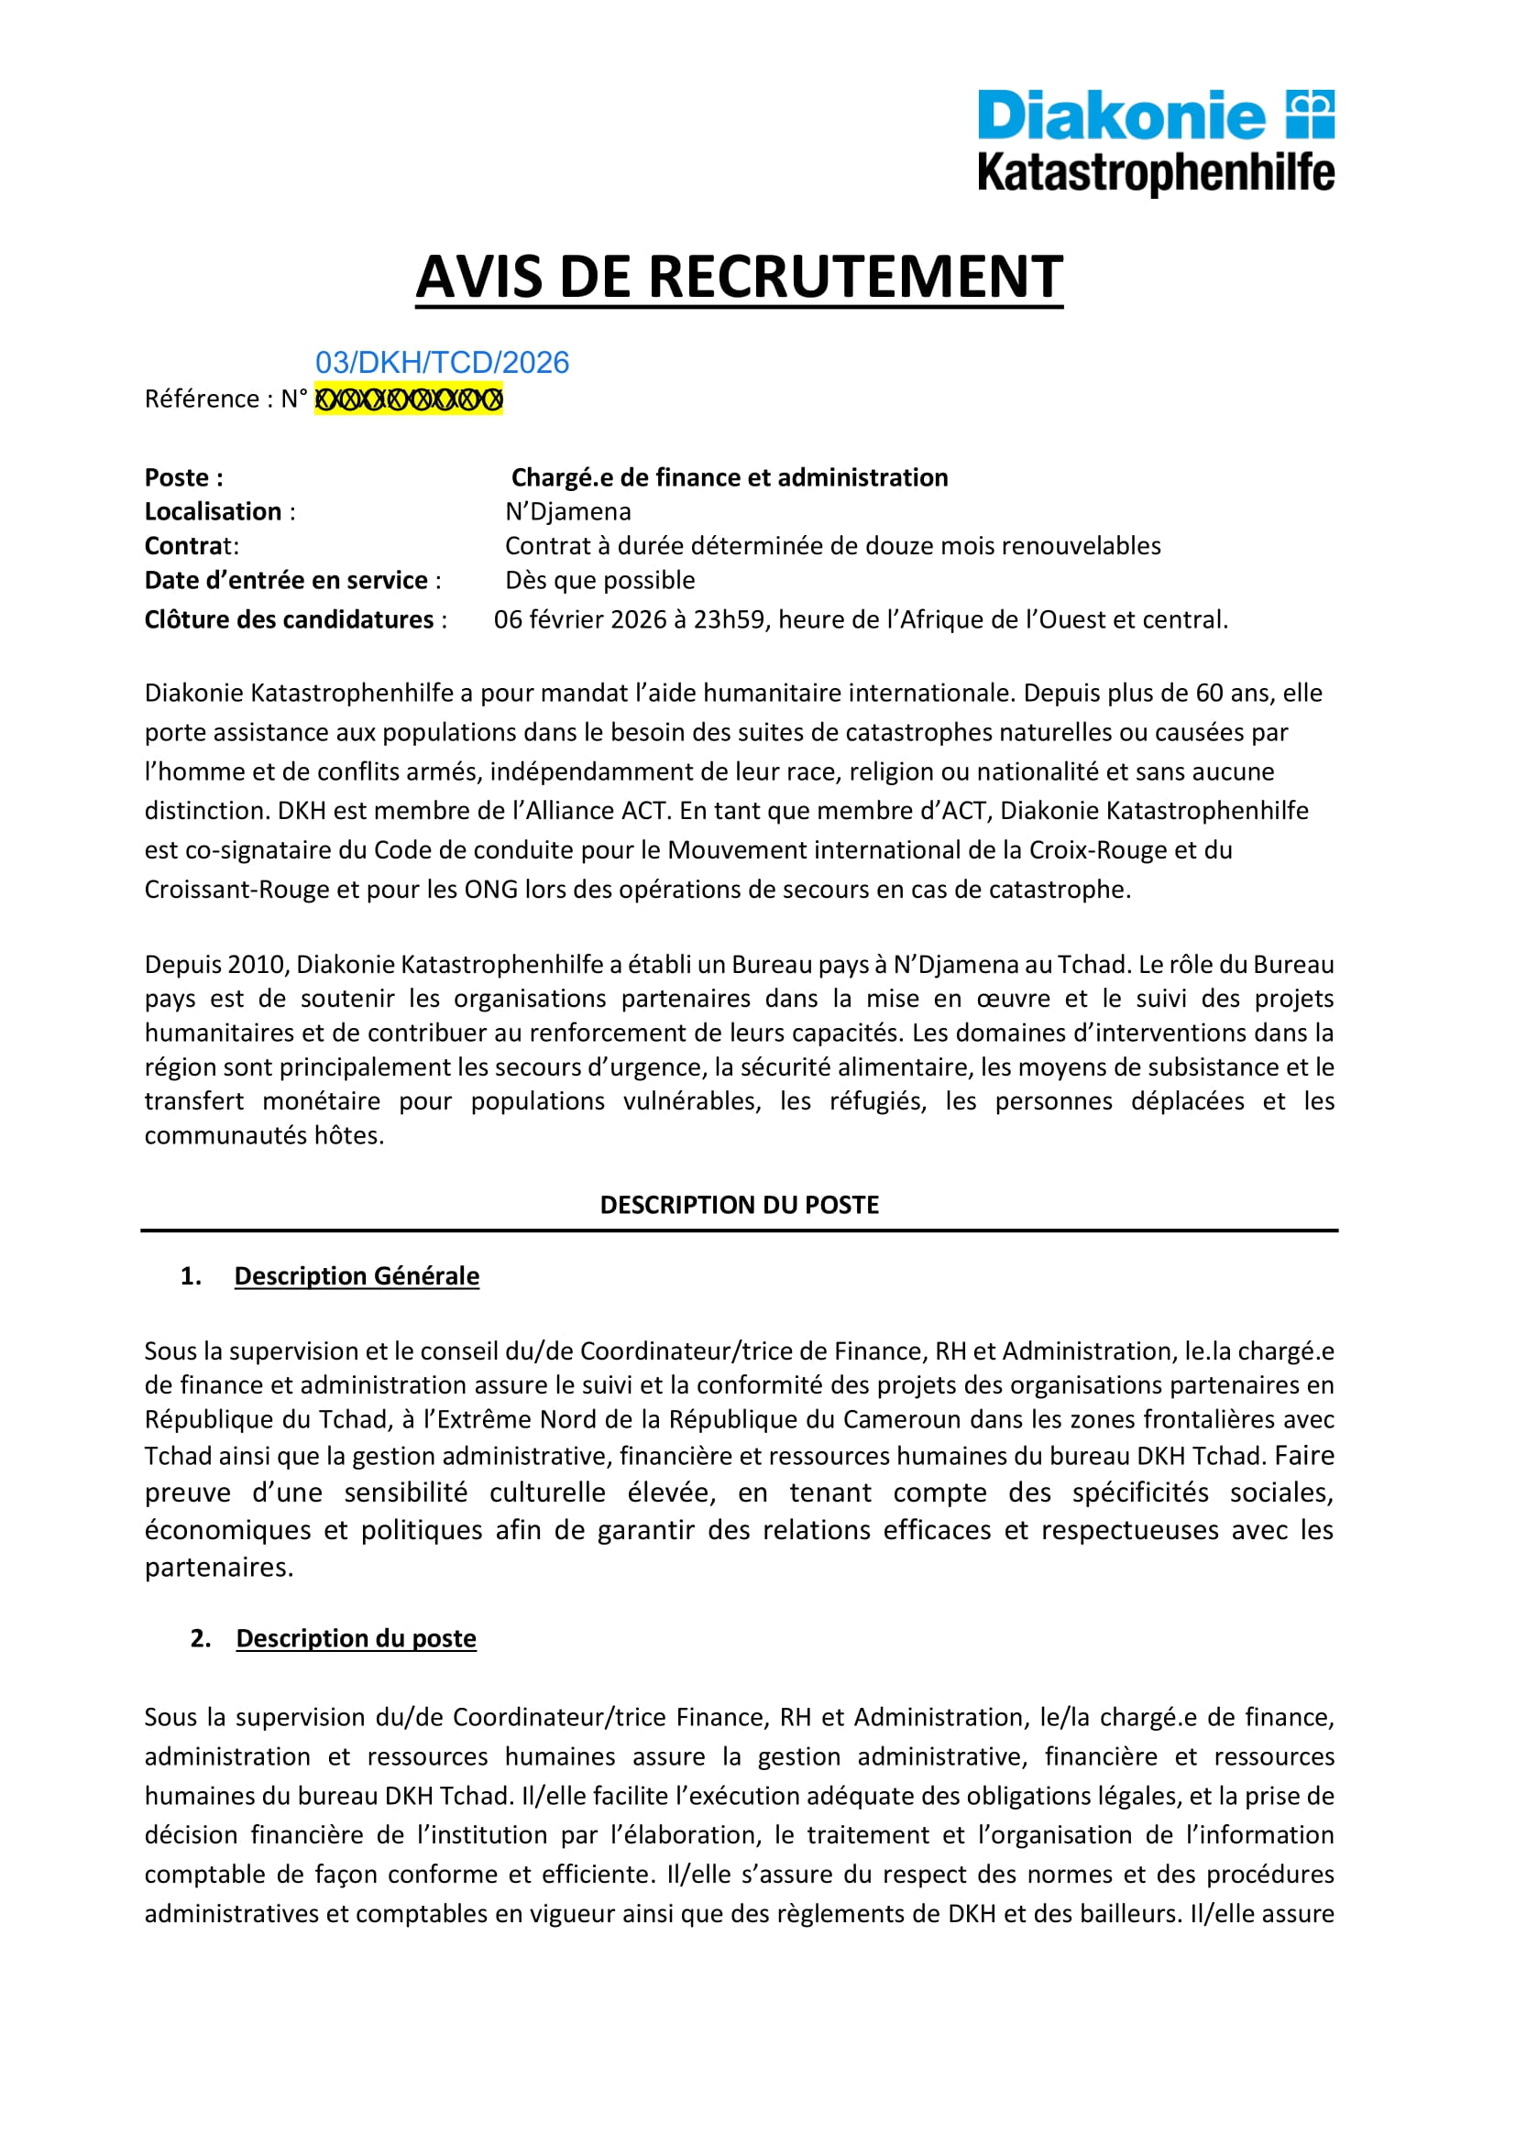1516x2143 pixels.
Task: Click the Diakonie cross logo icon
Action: tap(1310, 115)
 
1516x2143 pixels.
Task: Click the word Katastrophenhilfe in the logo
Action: tap(1155, 173)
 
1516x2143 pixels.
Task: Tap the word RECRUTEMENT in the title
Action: tap(855, 278)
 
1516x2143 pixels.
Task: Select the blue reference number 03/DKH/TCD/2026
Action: tap(442, 362)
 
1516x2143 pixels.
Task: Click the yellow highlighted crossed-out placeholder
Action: tap(408, 399)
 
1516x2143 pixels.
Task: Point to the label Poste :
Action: tap(184, 478)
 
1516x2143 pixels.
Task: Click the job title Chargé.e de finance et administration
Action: tap(729, 478)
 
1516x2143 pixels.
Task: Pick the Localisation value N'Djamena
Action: tap(567, 511)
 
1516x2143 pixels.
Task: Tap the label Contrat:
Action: tap(192, 546)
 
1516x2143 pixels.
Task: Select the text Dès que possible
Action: tap(599, 581)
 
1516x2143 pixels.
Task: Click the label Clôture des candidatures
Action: tap(290, 619)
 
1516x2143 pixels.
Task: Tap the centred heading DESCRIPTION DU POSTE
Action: tap(740, 1205)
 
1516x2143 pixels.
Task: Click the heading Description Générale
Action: tap(357, 1276)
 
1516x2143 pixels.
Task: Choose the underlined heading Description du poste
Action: tap(356, 1638)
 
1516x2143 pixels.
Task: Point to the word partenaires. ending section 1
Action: tap(218, 1567)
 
